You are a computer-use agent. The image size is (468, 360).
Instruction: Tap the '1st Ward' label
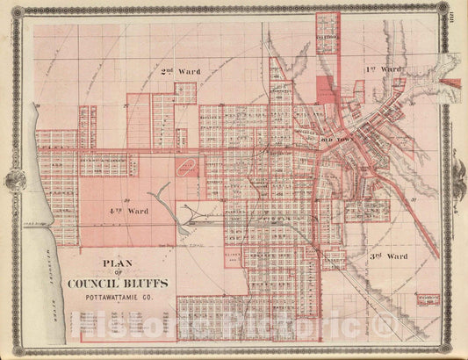(x=384, y=68)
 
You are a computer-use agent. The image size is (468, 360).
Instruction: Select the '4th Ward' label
(x=127, y=212)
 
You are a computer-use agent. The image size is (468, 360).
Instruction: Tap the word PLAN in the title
(x=116, y=261)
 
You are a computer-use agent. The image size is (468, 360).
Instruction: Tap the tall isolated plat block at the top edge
(x=327, y=32)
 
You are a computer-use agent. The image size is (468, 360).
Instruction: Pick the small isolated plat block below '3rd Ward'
(x=428, y=301)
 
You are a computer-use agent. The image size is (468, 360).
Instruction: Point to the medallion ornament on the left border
(x=15, y=180)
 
